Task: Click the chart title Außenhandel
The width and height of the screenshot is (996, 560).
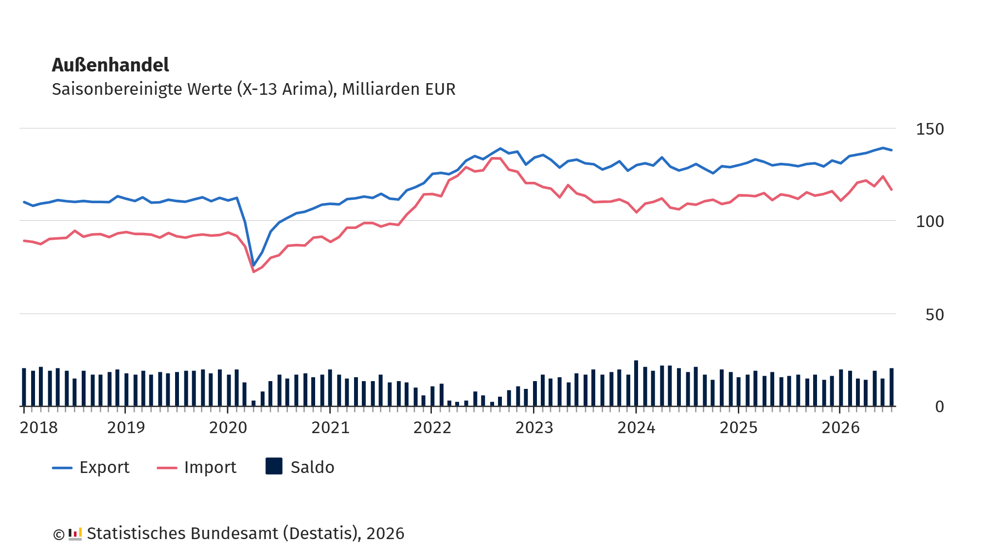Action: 110,65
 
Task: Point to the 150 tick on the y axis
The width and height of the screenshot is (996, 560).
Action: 929,129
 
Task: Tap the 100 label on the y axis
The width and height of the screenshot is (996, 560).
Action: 929,221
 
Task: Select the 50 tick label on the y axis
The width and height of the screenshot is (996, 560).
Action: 934,315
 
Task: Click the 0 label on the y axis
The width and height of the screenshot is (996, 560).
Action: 939,406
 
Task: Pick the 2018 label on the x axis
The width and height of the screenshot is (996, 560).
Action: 38,427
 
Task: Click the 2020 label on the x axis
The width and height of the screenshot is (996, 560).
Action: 228,427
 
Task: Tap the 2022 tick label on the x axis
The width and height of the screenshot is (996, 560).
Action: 432,427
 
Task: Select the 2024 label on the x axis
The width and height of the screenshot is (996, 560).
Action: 636,427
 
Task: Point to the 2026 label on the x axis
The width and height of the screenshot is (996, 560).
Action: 840,427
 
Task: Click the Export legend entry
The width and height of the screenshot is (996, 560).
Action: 91,467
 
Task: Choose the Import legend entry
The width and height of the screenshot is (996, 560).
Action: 196,467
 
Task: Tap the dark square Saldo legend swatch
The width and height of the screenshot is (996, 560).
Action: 274,466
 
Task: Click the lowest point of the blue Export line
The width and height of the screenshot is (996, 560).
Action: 253,266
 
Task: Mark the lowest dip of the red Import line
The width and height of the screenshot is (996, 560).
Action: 253,271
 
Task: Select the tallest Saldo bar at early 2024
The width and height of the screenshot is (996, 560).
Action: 636,383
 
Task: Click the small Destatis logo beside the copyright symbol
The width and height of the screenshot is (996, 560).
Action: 75,534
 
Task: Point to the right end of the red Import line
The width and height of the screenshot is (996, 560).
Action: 891,190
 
